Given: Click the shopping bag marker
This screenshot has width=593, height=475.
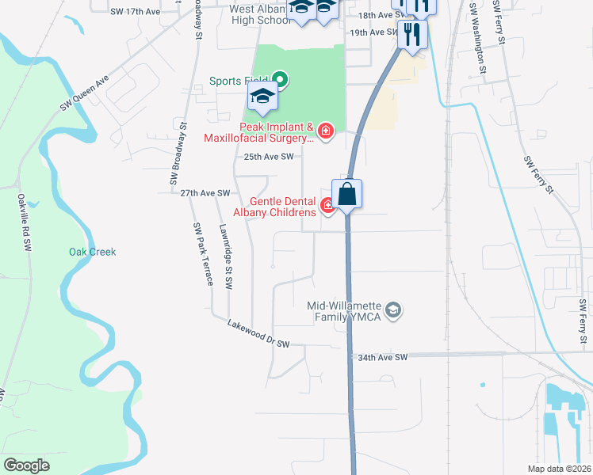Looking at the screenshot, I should click(347, 193).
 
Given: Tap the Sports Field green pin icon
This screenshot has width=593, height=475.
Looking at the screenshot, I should click(279, 80).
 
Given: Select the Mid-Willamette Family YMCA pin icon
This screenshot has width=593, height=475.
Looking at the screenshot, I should click(394, 310).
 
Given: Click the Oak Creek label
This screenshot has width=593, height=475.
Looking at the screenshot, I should click(92, 252).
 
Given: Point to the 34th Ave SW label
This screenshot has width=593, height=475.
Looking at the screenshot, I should click(383, 358).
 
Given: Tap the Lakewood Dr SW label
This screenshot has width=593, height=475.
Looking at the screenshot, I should click(258, 334).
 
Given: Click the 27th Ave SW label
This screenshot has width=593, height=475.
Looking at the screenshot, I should click(205, 193).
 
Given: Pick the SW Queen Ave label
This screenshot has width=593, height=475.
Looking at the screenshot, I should click(84, 95).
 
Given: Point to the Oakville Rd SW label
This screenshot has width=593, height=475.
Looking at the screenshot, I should click(24, 224).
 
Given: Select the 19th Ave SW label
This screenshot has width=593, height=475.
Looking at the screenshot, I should click(373, 32).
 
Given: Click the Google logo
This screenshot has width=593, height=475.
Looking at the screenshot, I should click(27, 465).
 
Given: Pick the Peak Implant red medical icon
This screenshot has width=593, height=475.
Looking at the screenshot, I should click(324, 130).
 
